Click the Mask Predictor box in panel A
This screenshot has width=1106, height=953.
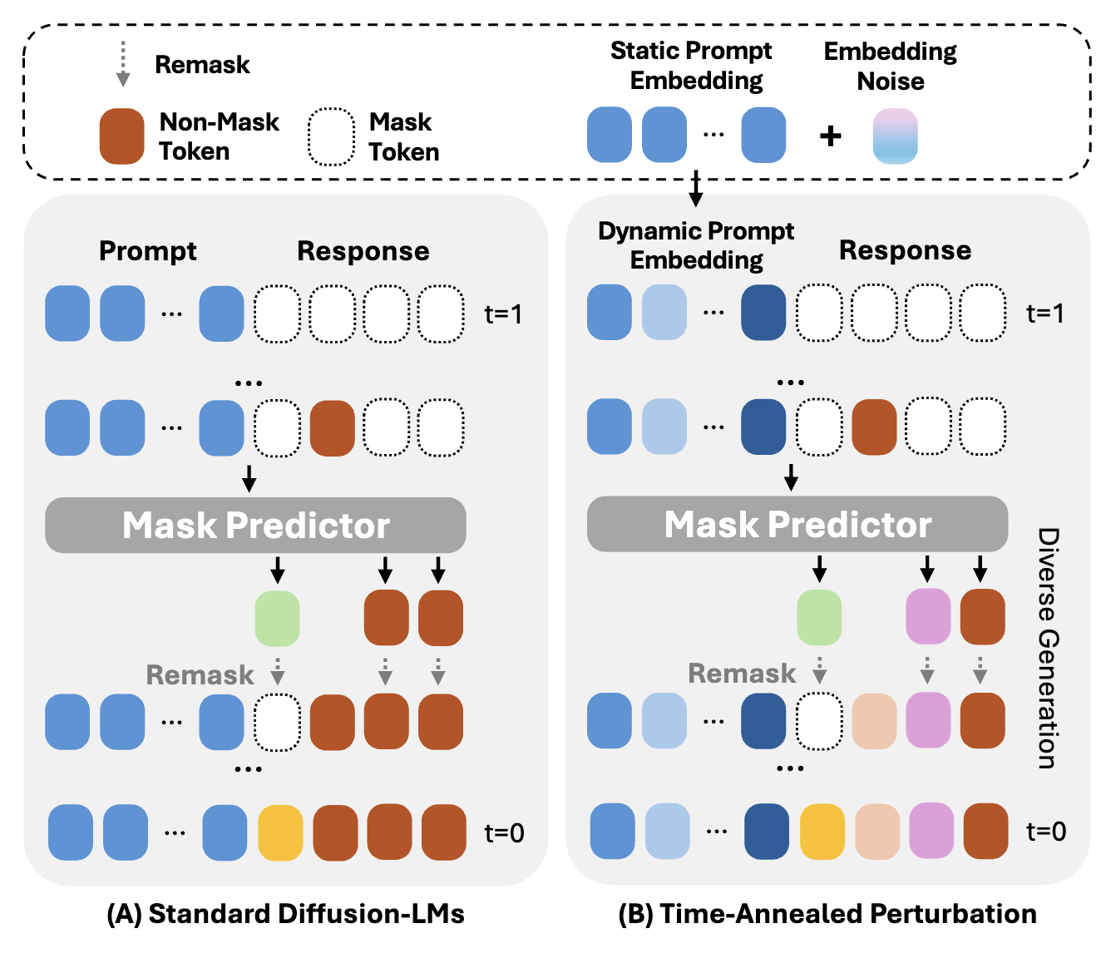tap(255, 525)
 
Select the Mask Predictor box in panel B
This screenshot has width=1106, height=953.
tap(797, 524)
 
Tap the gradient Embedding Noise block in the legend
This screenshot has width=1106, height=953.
tap(895, 136)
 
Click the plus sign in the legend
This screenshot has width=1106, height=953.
tap(830, 136)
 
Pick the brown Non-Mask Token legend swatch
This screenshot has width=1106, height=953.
tap(121, 136)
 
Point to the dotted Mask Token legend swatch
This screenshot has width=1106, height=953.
tap(331, 137)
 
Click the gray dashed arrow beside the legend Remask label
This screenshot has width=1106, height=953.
tap(123, 64)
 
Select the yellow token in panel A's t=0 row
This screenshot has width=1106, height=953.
tap(280, 832)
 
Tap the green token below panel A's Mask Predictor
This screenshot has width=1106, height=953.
tap(277, 619)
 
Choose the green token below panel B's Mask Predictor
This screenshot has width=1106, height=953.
tap(819, 618)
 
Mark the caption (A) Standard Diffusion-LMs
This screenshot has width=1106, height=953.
tap(285, 914)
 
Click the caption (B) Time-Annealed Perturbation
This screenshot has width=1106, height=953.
tap(827, 914)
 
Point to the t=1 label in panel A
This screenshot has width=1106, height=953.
tap(503, 314)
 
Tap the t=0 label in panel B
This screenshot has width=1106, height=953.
tap(1046, 831)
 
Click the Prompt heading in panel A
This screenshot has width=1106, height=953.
tap(147, 251)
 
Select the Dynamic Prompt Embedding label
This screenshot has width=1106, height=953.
tap(696, 245)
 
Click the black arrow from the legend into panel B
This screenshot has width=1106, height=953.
tap(696, 189)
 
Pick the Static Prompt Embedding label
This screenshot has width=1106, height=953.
tap(693, 66)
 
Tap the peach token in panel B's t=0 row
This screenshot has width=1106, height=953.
tap(876, 831)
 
